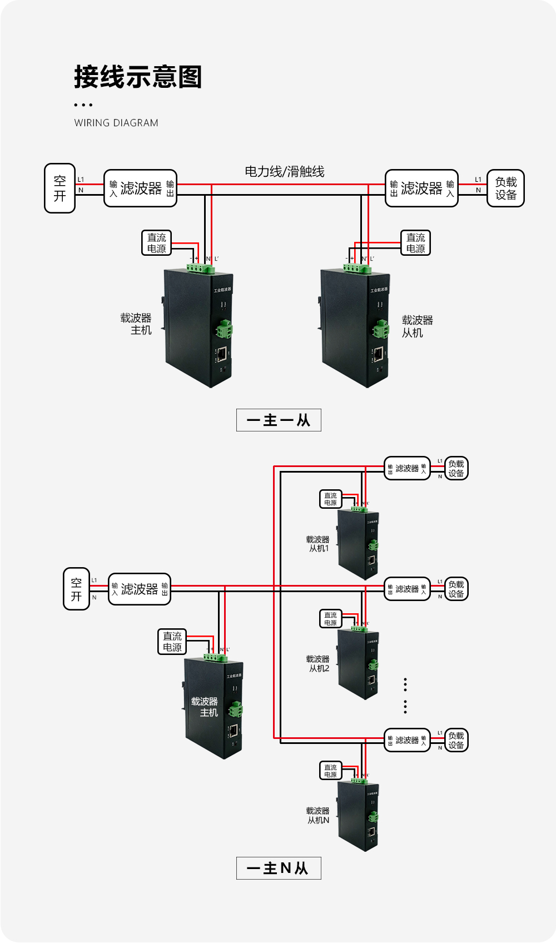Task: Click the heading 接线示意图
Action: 138,77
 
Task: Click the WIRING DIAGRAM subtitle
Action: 116,123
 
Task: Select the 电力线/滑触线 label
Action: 285,171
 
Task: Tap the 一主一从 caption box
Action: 279,420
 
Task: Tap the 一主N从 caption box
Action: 279,868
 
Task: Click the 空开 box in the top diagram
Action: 59,188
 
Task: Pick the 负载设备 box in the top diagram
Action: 505,188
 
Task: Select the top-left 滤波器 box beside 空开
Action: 140,188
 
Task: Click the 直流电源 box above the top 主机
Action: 156,243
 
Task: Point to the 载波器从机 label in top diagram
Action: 416,326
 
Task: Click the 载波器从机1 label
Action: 318,544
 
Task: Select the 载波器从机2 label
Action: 318,663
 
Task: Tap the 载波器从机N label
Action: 318,815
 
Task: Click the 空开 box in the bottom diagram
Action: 76,589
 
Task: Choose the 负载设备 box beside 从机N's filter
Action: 456,740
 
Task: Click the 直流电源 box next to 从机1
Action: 330,499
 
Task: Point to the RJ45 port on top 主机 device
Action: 222,353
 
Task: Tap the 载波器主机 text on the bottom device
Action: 205,707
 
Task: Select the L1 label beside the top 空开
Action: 81,180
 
